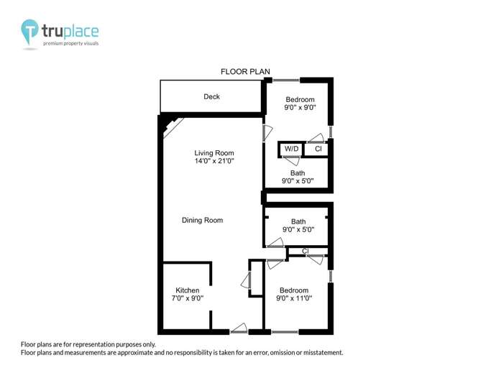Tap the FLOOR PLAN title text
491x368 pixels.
[245, 71]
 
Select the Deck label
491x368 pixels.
[211, 96]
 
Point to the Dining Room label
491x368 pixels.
[202, 220]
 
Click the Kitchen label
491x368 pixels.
[187, 290]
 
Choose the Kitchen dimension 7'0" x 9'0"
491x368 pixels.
[187, 298]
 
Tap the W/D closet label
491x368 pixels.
[291, 149]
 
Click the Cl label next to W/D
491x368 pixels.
[318, 149]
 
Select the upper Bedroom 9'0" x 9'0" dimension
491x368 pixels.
[300, 107]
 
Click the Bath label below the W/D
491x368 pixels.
[298, 173]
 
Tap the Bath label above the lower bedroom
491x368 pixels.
[298, 221]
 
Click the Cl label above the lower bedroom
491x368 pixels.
[306, 251]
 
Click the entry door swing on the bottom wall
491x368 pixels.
[239, 328]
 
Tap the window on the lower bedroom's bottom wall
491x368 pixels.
[285, 331]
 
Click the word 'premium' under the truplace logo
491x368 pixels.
[55, 44]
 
